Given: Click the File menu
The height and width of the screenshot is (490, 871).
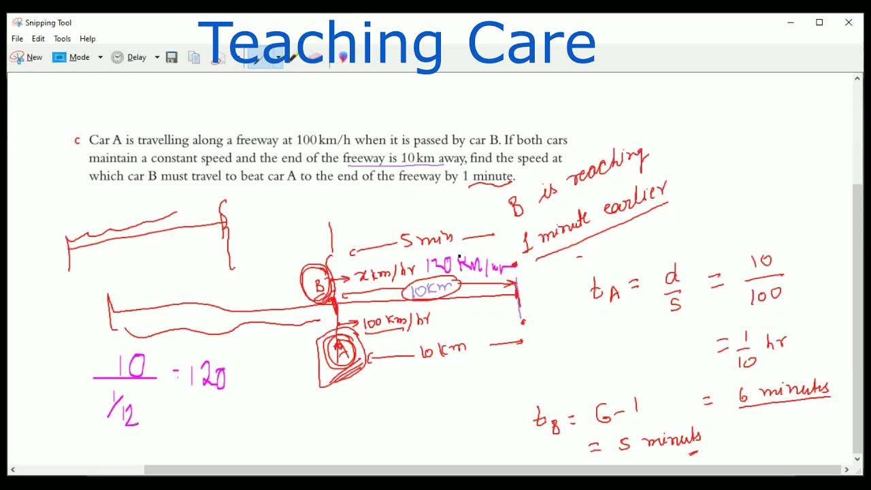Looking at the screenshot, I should tap(17, 39).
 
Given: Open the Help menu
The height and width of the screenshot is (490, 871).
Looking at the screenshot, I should tap(87, 39).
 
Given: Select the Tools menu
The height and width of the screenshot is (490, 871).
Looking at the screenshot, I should tap(62, 39).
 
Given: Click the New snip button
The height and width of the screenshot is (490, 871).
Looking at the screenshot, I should tap(27, 57).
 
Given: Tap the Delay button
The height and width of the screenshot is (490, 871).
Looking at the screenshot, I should tap(129, 57).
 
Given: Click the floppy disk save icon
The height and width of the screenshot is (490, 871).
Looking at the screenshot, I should tap(171, 57).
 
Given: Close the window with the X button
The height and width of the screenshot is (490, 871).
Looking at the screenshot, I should tap(849, 22).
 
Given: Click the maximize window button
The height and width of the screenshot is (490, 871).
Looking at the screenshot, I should tap(819, 22).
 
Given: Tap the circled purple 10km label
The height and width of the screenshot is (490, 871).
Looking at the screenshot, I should tap(431, 289).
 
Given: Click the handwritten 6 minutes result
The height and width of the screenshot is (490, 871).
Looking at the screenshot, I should tap(785, 394).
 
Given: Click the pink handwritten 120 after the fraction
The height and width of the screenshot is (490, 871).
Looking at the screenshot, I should tap(207, 375).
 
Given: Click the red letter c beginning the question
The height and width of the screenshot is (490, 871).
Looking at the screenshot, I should tap(77, 141).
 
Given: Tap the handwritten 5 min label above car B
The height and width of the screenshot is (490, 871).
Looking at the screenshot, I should tap(426, 240).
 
